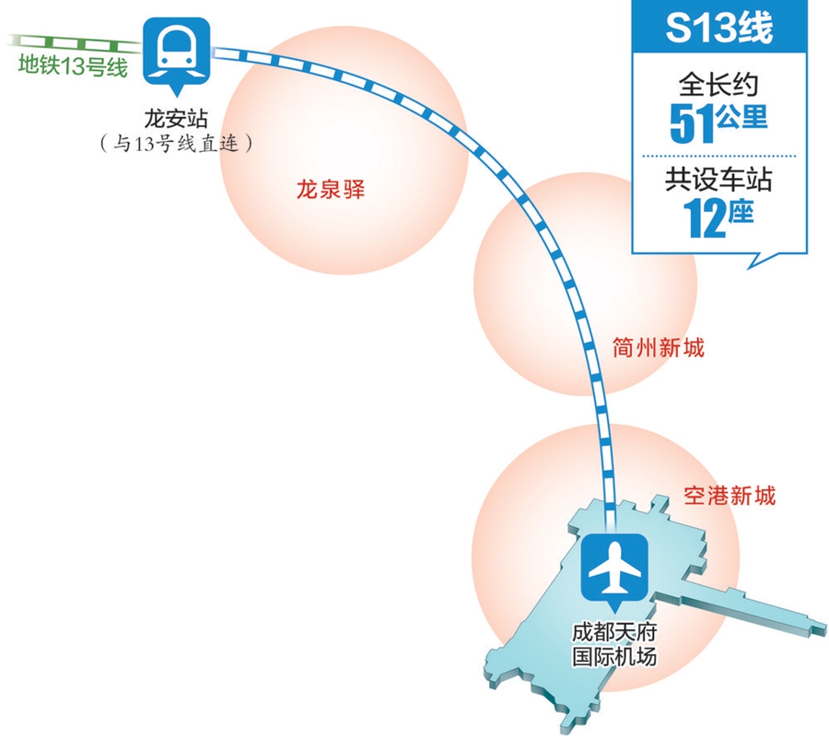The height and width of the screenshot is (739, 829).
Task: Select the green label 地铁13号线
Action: (72, 67)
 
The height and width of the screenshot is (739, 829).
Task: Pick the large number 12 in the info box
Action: (705, 218)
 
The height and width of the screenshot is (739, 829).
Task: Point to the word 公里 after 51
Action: (743, 123)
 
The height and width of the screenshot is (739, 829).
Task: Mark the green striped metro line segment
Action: (74, 42)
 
